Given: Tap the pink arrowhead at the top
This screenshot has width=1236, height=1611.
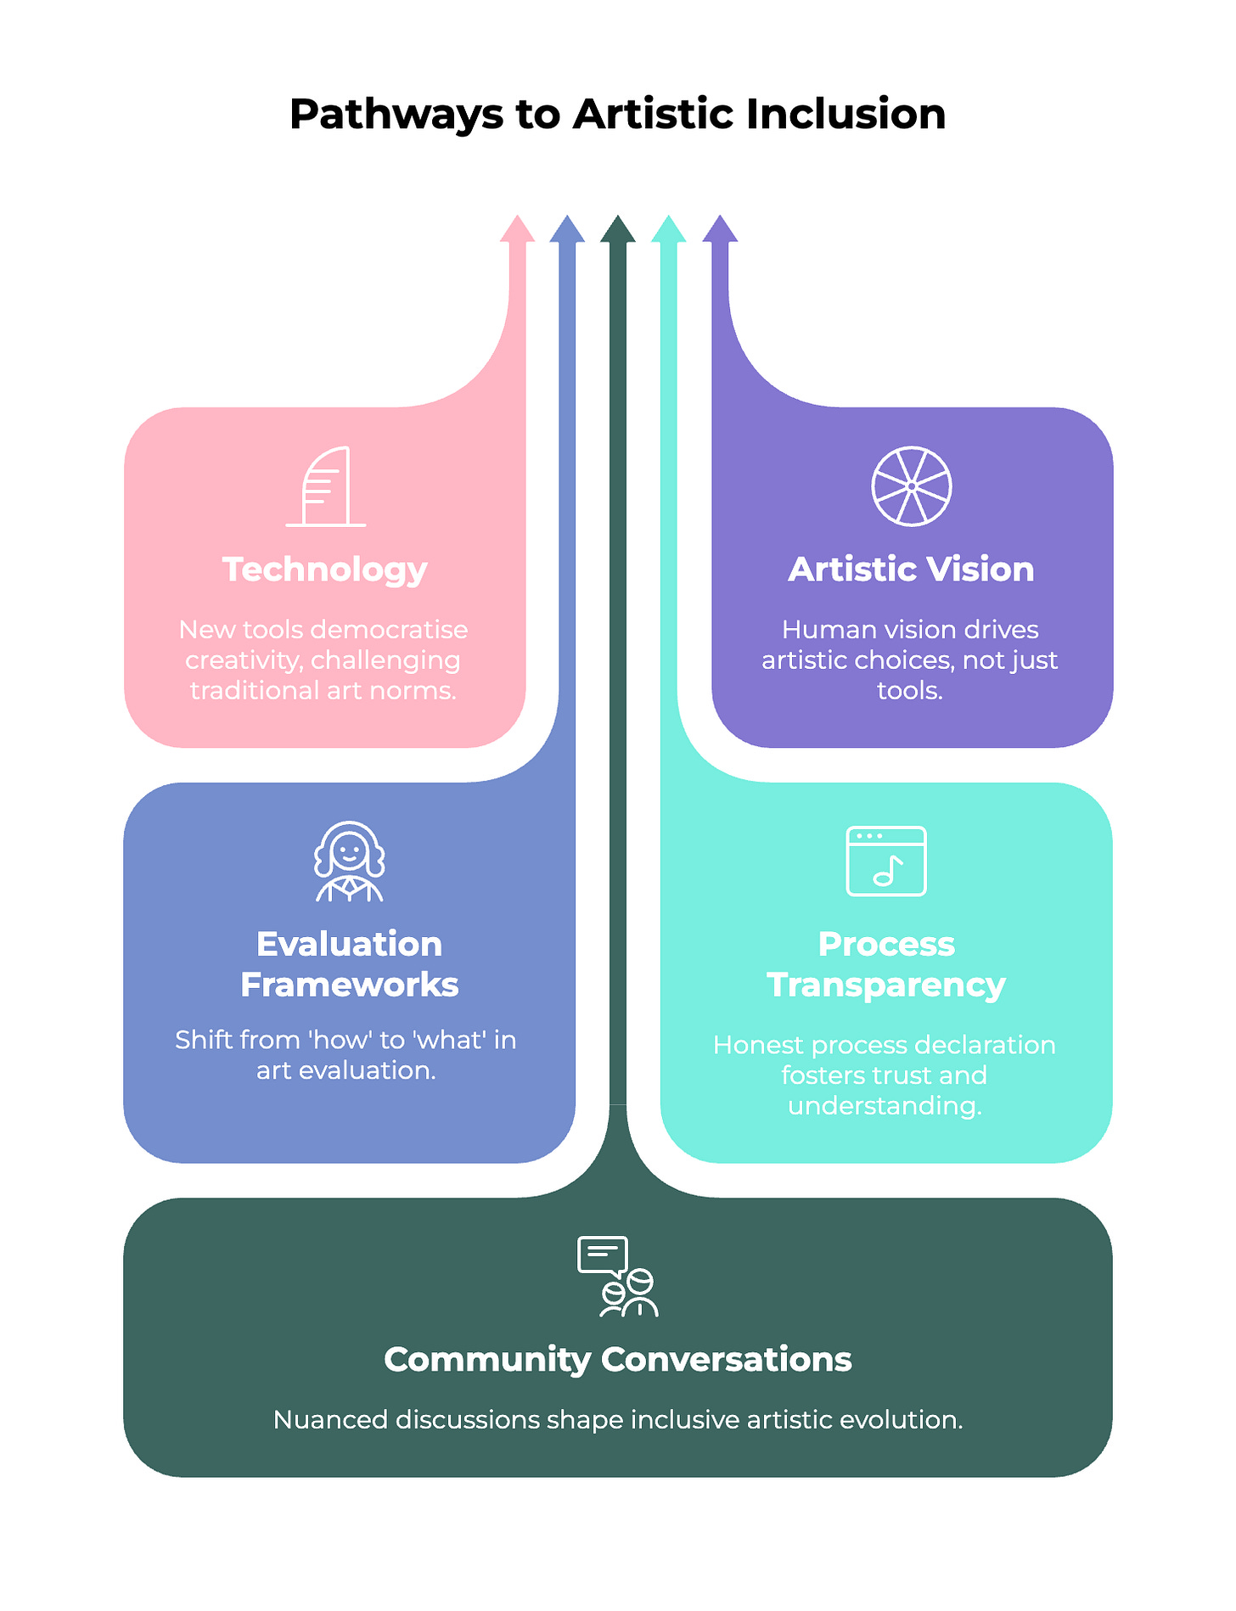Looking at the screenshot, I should point(517,230).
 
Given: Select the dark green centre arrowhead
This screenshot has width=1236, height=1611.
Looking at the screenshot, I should point(618,230).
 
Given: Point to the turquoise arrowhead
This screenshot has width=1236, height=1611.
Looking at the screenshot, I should point(669,230).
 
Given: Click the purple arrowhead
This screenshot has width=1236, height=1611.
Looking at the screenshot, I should point(720,230).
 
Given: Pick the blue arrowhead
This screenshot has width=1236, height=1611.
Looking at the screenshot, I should point(567,230).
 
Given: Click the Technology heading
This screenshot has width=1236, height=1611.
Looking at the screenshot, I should point(325,570).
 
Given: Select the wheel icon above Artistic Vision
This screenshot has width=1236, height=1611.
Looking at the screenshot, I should point(912,486).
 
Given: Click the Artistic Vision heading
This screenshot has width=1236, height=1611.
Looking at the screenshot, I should point(912,570).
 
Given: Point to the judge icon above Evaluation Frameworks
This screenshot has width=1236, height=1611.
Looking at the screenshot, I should point(349,862).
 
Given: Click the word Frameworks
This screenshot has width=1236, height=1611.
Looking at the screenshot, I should point(349,985).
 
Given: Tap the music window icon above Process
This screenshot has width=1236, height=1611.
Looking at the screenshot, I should point(886,862).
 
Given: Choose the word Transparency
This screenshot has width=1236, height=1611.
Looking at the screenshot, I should point(886,985).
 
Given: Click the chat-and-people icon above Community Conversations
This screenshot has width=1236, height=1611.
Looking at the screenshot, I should point(618,1277).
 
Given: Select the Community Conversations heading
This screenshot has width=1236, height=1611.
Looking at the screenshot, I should point(618,1360).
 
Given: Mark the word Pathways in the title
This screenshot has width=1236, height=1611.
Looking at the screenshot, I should point(396,114).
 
